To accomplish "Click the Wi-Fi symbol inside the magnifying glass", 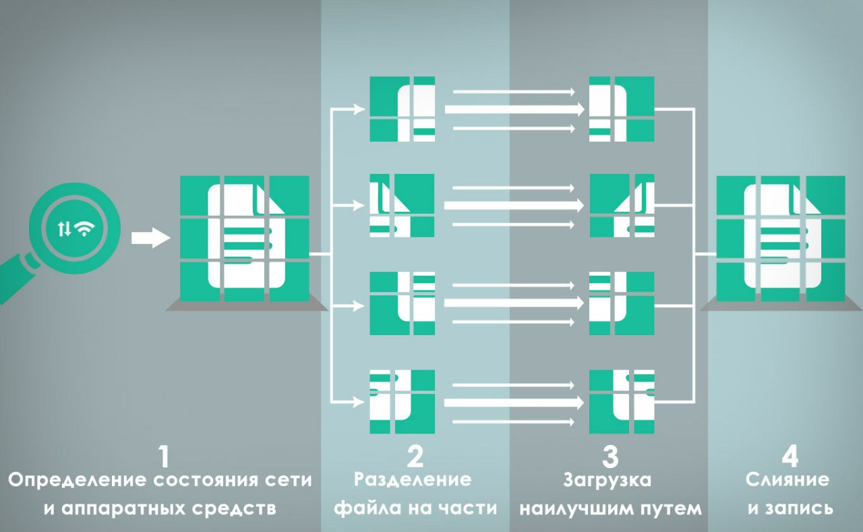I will pos(84,229).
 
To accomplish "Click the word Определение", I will pos(78,481).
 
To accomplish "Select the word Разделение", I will pos(413,480).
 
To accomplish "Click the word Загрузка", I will pos(607,481).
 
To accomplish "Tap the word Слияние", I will pos(787,480).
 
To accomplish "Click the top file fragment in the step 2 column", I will pos(403,109).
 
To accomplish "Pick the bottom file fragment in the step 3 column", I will pos(621,402).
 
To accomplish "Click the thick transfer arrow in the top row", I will pos(514,109).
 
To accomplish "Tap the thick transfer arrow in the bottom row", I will pos(514,403).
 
